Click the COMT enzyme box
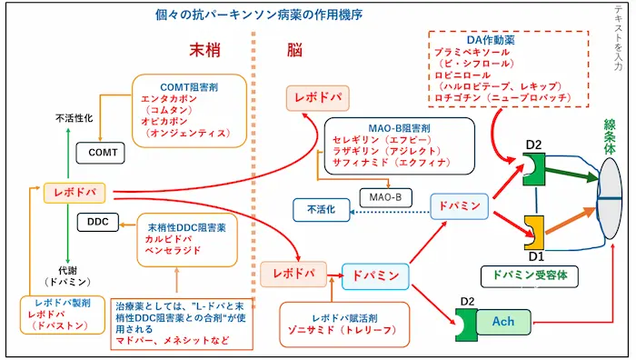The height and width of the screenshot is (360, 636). pyautogui.click(x=100, y=153)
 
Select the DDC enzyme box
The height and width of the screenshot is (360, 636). pyautogui.click(x=98, y=222)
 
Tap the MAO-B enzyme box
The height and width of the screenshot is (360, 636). pyautogui.click(x=386, y=197)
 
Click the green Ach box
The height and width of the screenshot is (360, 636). pyautogui.click(x=503, y=322)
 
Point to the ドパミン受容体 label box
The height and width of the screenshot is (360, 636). pyautogui.click(x=530, y=276)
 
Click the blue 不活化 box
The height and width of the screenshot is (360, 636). pyautogui.click(x=322, y=210)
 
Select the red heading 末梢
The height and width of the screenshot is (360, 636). pyautogui.click(x=204, y=50)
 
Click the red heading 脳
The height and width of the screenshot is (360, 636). pyautogui.click(x=294, y=50)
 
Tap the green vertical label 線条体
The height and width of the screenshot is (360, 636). pyautogui.click(x=610, y=136)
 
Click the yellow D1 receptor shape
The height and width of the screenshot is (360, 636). pyautogui.click(x=534, y=233)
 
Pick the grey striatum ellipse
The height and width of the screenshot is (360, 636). pyautogui.click(x=610, y=198)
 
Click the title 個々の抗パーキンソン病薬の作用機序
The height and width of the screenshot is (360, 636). pyautogui.click(x=258, y=15)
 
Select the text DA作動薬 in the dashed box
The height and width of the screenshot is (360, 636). pyautogui.click(x=491, y=40)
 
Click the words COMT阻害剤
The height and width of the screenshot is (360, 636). pyautogui.click(x=189, y=87)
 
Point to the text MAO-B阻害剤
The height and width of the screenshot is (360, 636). pyautogui.click(x=399, y=128)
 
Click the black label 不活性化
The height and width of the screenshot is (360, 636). pyautogui.click(x=75, y=118)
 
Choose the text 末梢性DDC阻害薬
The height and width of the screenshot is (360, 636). pyautogui.click(x=186, y=227)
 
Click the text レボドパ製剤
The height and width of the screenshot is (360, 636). pyautogui.click(x=63, y=303)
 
